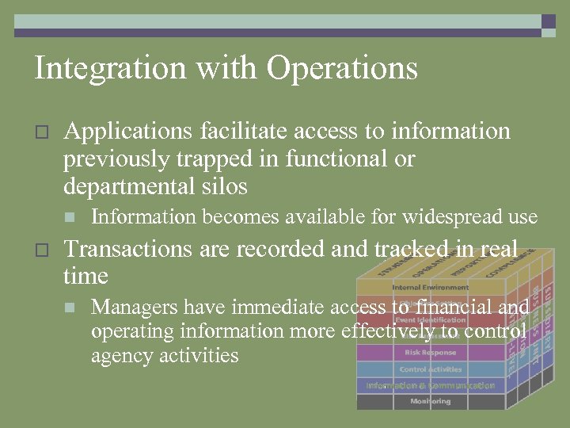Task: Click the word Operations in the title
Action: [x=342, y=69]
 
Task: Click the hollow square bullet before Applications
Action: [x=43, y=132]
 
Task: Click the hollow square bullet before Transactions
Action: [x=43, y=250]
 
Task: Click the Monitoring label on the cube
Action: [x=430, y=402]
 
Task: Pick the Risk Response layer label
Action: [x=430, y=353]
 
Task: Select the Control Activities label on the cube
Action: [x=430, y=369]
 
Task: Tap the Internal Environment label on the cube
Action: [x=430, y=287]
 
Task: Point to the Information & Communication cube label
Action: [x=430, y=386]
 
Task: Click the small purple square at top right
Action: [x=548, y=21]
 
